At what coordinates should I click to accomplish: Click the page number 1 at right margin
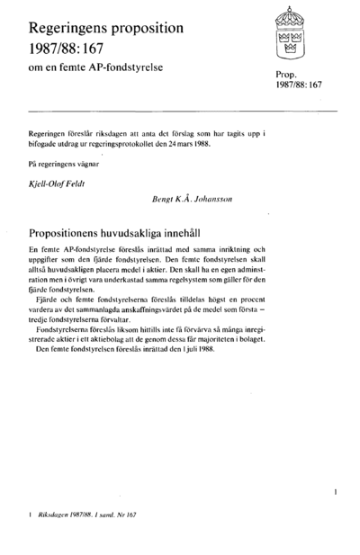coord(335,492)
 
